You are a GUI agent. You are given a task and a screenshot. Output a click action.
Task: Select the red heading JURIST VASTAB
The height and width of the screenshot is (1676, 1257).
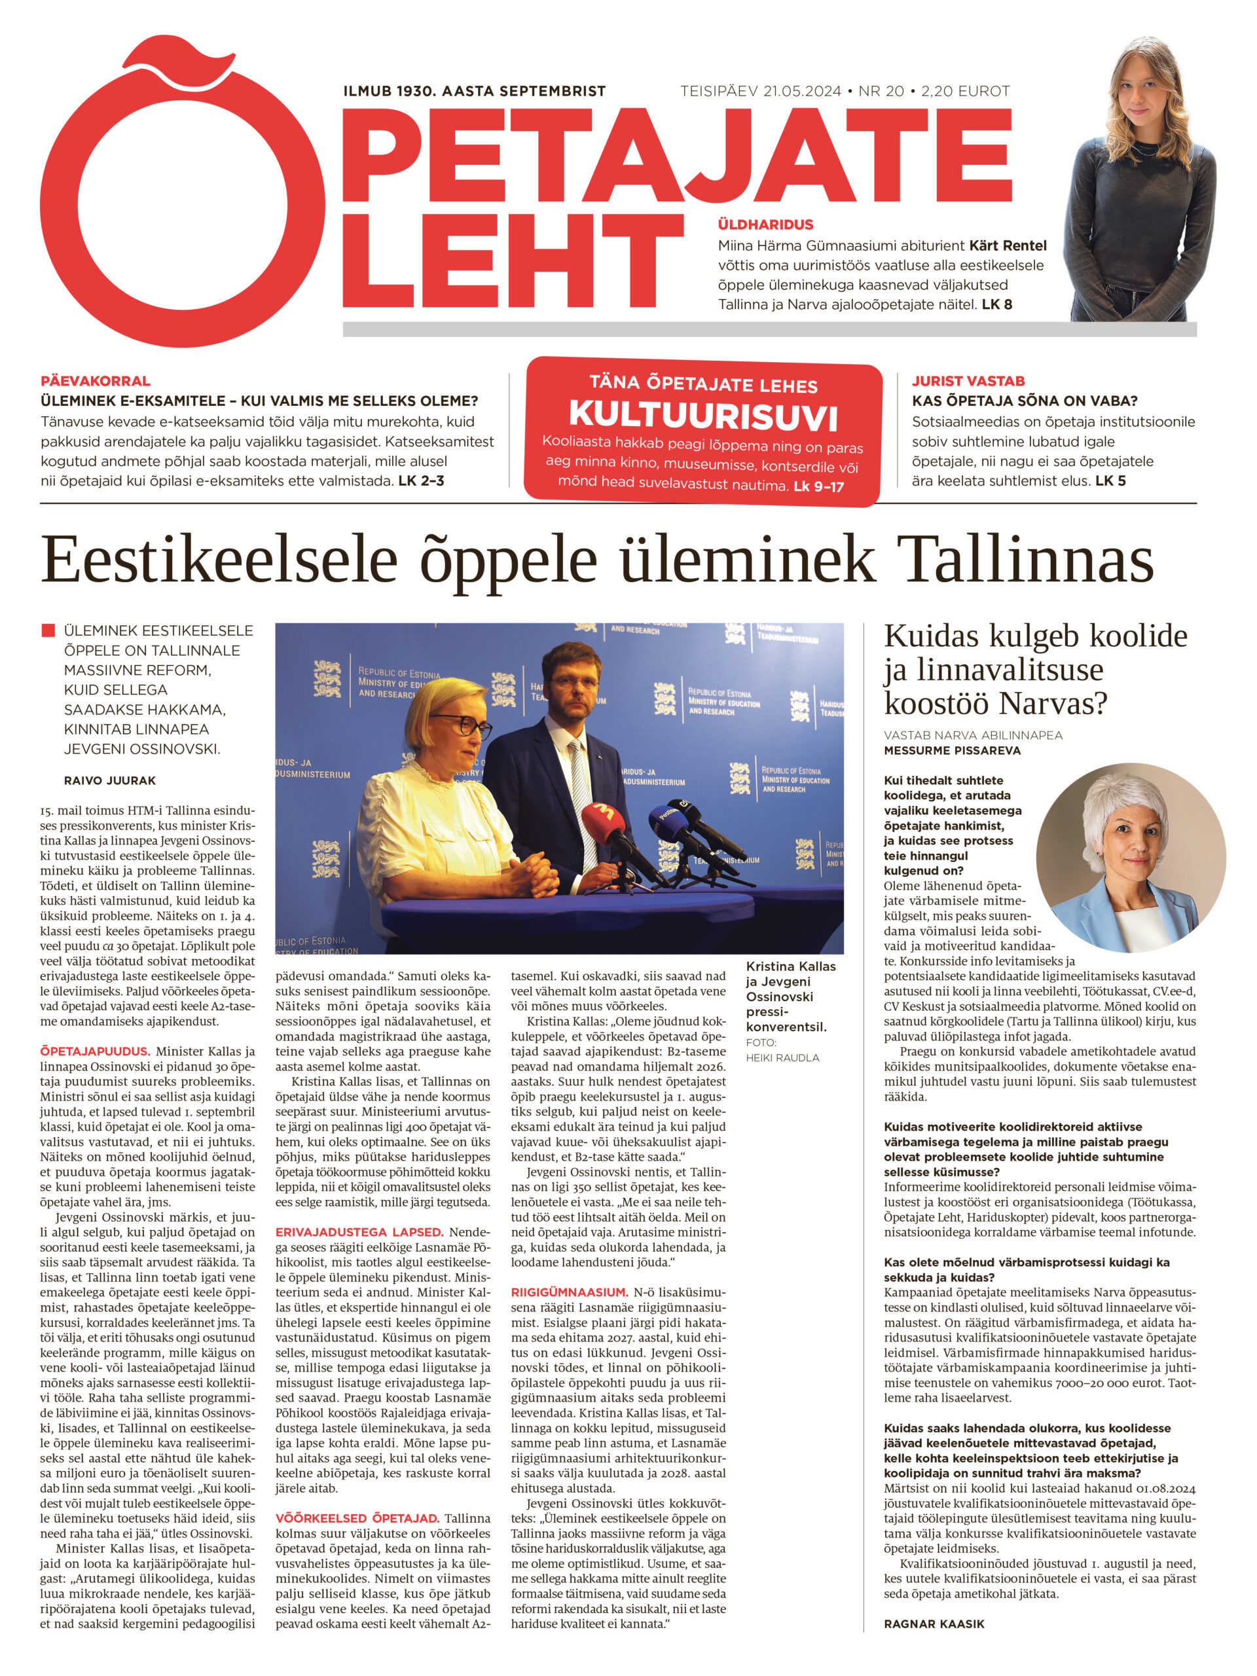[968, 381]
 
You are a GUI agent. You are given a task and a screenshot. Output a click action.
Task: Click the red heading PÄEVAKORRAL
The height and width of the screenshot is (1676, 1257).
[96, 381]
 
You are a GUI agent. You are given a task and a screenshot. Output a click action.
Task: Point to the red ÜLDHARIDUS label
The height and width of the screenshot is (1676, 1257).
[765, 225]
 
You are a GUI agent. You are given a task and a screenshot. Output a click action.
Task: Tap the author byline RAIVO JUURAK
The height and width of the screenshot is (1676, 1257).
[110, 780]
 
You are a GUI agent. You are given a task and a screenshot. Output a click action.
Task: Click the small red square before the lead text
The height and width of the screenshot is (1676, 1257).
[48, 630]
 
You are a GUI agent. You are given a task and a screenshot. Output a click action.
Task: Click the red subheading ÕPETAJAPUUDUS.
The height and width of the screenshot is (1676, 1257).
[96, 1051]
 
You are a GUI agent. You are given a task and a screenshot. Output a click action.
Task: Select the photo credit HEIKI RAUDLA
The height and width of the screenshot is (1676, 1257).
[782, 1058]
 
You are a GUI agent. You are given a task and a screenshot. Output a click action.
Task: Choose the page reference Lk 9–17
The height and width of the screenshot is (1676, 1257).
[818, 487]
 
